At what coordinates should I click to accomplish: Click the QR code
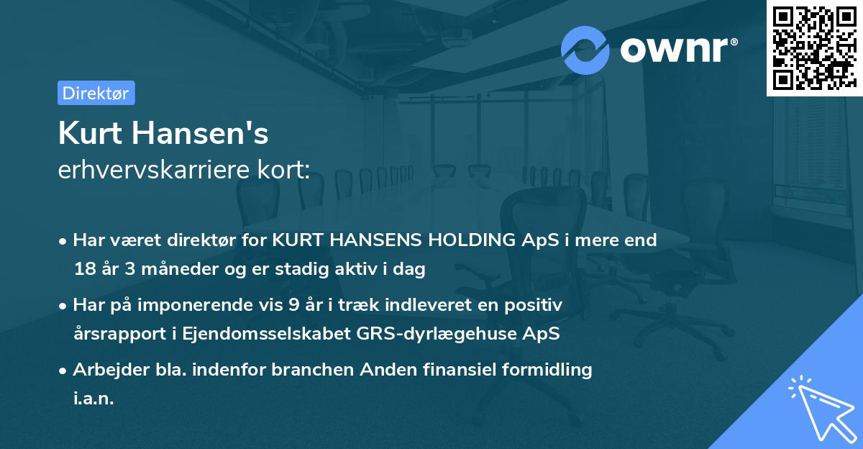pos(814,47)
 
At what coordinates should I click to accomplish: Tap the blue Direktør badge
pos(96,93)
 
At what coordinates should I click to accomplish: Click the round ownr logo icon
pos(585,50)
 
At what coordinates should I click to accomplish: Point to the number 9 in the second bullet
pos(293,305)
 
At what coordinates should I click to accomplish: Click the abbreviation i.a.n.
pos(93,399)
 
